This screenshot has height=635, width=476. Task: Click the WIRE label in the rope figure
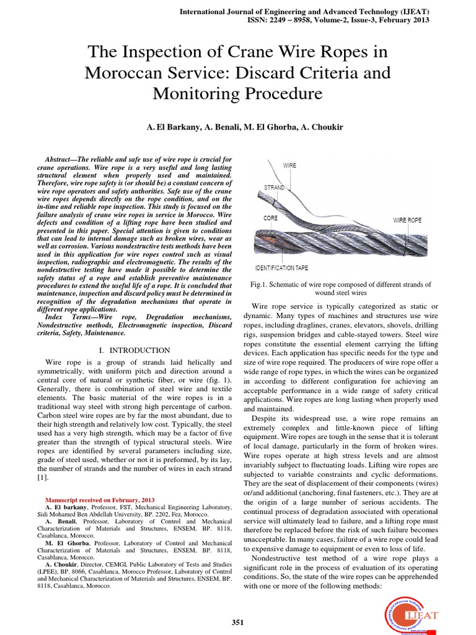[289, 166]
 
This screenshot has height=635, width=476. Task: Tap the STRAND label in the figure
[275, 187]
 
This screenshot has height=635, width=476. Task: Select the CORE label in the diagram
[271, 218]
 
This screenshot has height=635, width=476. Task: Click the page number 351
[238, 623]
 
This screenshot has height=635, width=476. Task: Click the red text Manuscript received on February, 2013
[100, 500]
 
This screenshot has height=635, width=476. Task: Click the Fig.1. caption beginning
[260, 284]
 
